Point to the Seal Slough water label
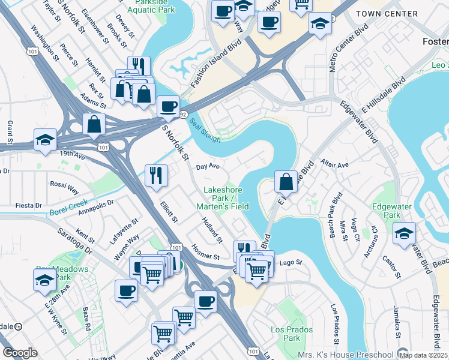205,130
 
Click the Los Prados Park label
292,334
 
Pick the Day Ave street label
208,166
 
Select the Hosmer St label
205,252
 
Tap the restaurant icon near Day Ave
156,175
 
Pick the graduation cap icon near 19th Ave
45,140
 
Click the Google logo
20,353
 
